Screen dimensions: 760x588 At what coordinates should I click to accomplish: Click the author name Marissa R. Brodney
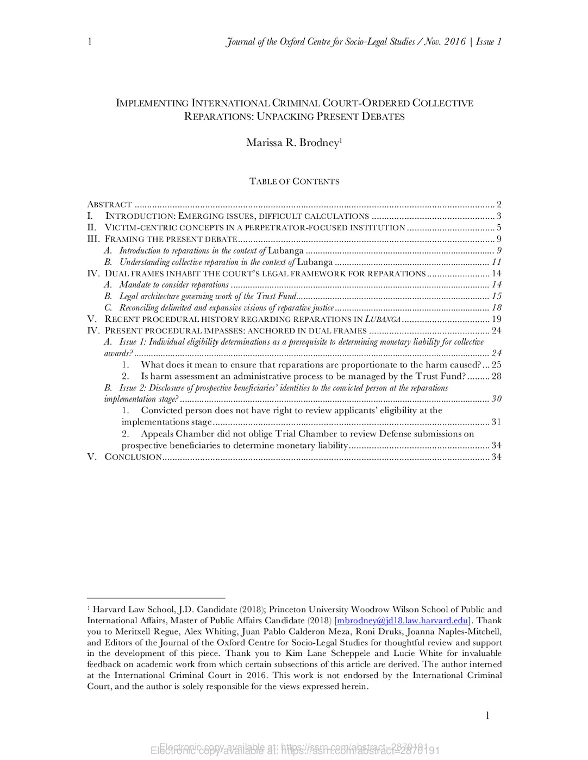(x=293, y=143)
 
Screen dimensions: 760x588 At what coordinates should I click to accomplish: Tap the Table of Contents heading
(x=294, y=181)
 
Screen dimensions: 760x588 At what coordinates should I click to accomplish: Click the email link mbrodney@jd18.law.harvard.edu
(x=403, y=620)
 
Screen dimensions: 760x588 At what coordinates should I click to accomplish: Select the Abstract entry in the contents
(x=110, y=205)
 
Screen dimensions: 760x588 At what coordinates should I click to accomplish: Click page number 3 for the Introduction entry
(x=498, y=216)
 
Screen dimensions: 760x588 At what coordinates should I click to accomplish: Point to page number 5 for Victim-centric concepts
(x=498, y=227)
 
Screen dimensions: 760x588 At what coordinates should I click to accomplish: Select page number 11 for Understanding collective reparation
(x=496, y=262)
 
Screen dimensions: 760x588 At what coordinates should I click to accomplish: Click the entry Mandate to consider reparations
(x=174, y=285)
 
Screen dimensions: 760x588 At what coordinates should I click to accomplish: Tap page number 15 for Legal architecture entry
(x=496, y=296)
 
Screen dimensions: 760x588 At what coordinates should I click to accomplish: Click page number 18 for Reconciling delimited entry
(x=496, y=308)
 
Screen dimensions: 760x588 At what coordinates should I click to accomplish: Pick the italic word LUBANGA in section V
(x=383, y=319)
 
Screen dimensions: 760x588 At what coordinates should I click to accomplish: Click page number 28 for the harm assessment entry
(x=496, y=376)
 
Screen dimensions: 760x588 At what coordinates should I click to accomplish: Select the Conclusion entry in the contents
(x=133, y=457)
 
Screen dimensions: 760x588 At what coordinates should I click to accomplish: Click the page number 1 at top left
(x=90, y=42)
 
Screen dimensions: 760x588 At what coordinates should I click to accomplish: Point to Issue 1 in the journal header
(x=489, y=42)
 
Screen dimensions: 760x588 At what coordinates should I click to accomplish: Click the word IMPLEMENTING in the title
(x=152, y=103)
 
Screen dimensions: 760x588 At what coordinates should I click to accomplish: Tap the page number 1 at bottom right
(x=487, y=715)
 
